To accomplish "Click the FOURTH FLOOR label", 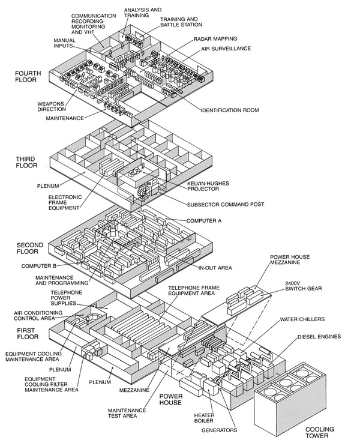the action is click(x=28, y=76).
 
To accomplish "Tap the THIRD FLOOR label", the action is click(x=26, y=162).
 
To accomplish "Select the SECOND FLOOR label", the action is click(x=30, y=248).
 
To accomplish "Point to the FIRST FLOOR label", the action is click(x=28, y=333).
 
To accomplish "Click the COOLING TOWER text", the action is click(x=320, y=432).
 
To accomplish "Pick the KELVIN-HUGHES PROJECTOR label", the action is click(x=208, y=186).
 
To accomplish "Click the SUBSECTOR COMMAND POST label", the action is click(x=226, y=204).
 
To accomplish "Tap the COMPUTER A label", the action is click(x=204, y=220).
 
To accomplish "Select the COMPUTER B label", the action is click(x=39, y=266).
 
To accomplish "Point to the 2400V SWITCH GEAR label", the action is click(x=304, y=286).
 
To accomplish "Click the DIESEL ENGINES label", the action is click(x=319, y=337).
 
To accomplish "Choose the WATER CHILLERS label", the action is click(x=302, y=319).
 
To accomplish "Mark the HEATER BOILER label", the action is click(x=204, y=418).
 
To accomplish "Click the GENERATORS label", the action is click(x=219, y=430).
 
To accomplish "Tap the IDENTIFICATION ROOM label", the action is click(x=230, y=110).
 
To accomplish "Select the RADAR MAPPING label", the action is click(x=215, y=38).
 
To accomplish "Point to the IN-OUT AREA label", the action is click(x=215, y=268).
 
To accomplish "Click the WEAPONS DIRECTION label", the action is click(x=52, y=106).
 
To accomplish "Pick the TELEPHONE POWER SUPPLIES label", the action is click(x=64, y=298).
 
